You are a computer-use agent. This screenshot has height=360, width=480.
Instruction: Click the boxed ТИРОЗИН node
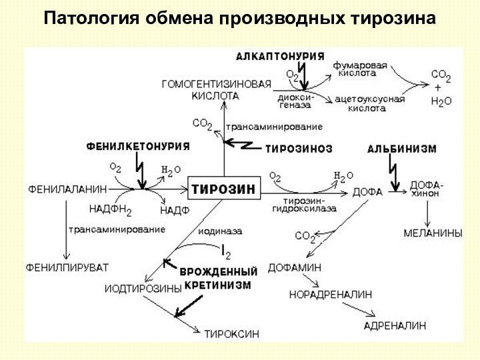(x=223, y=189)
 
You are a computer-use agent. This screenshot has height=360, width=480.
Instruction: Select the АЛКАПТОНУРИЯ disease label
(x=280, y=56)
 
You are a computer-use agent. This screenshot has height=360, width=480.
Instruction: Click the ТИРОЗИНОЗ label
(x=299, y=148)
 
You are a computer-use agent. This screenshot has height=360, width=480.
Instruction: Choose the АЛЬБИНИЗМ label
(x=402, y=149)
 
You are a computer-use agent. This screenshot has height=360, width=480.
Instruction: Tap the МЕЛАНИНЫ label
(x=433, y=233)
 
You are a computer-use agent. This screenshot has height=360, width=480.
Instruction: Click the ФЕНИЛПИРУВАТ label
(x=67, y=267)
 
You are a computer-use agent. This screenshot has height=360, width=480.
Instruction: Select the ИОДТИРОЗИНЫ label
(x=143, y=289)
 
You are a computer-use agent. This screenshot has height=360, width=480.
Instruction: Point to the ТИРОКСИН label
(x=232, y=333)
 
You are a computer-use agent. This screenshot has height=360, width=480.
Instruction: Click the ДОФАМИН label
(x=295, y=267)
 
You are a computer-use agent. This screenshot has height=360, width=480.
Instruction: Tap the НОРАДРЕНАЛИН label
(x=331, y=294)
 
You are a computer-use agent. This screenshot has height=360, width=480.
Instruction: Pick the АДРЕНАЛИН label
(x=395, y=325)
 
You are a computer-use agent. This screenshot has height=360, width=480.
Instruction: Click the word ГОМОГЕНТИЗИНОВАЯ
(x=217, y=84)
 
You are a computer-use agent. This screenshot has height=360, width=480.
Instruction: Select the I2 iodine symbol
(x=227, y=252)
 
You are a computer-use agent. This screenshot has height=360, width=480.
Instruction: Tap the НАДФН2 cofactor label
(x=110, y=210)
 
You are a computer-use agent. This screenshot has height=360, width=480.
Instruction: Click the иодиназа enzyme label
(x=220, y=231)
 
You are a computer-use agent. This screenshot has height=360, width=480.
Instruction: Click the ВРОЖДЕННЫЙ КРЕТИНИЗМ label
(x=219, y=278)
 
